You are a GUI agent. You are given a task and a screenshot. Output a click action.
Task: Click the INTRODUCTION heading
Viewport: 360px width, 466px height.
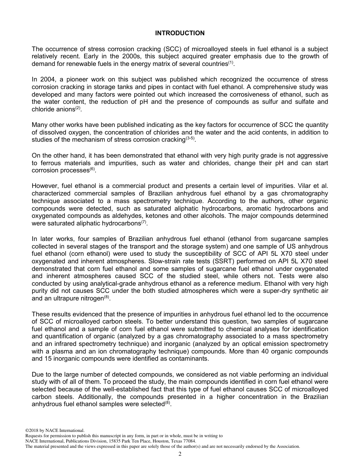pyautogui.click(x=180, y=33)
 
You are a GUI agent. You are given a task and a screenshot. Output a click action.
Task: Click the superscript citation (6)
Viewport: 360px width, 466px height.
pyautogui.click(x=92, y=169)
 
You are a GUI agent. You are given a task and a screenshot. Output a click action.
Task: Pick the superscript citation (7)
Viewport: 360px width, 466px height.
pyautogui.click(x=144, y=222)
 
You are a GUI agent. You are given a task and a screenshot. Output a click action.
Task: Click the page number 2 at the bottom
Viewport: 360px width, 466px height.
pyautogui.click(x=180, y=454)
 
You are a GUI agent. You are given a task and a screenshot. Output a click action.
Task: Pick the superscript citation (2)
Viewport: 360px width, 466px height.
pyautogui.click(x=78, y=108)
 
